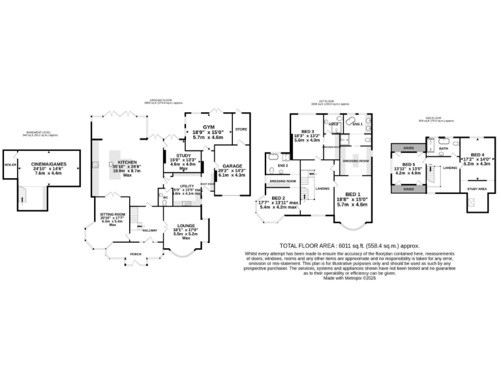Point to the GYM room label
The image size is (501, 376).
(208, 127)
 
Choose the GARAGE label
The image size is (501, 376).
(232, 166)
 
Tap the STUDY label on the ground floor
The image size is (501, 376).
(179, 155)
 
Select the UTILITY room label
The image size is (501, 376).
(179, 185)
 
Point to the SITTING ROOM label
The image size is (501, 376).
(112, 214)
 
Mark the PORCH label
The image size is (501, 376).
(136, 254)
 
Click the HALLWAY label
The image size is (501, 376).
(150, 230)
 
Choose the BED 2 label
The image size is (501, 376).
(279, 198)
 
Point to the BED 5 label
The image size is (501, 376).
(408, 164)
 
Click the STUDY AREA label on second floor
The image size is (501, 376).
(478, 189)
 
